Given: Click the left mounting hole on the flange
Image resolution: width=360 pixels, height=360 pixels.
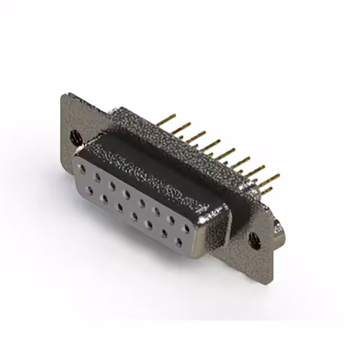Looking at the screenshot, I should (74, 136).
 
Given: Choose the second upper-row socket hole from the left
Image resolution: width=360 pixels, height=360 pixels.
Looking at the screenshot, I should (98, 176).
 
